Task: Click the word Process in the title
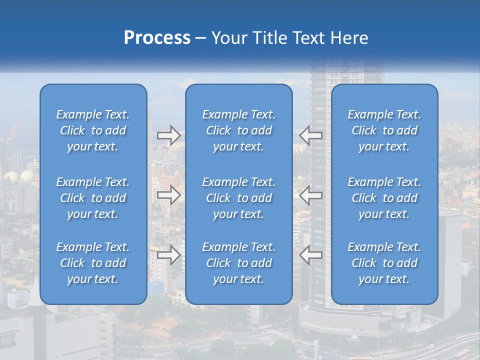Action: point(157,38)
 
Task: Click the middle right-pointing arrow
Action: point(168,195)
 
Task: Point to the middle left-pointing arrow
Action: point(311,195)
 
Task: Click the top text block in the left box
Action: point(93,130)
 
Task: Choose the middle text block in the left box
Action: point(93,198)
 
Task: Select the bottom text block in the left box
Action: point(93,263)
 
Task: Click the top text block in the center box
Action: point(239,130)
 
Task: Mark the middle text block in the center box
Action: point(239,198)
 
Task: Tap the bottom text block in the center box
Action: point(239,263)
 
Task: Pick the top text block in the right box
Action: point(384,130)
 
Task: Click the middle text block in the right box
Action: point(384,198)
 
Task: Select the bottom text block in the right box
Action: point(384,263)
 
